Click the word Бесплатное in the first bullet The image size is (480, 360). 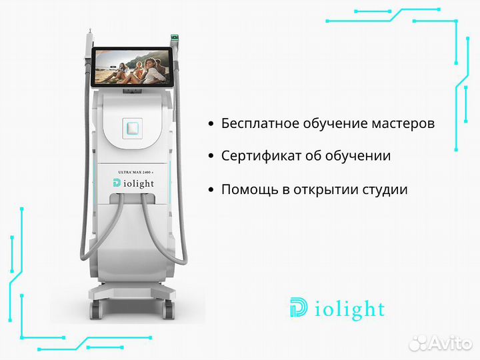click(x=261, y=124)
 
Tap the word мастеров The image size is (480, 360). click(x=403, y=124)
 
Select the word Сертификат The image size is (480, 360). click(x=261, y=156)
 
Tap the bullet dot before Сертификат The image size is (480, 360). click(x=211, y=156)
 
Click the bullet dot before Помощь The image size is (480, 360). click(x=211, y=190)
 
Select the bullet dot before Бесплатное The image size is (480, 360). click(x=211, y=124)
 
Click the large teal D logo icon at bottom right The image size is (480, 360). click(x=299, y=307)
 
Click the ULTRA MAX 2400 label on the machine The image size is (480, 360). click(x=135, y=173)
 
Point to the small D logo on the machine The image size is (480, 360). click(x=117, y=183)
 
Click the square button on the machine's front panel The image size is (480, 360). click(x=133, y=128)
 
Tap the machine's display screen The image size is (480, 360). click(x=132, y=67)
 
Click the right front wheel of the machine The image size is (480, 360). click(x=169, y=309)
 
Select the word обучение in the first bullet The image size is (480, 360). click(x=336, y=124)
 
